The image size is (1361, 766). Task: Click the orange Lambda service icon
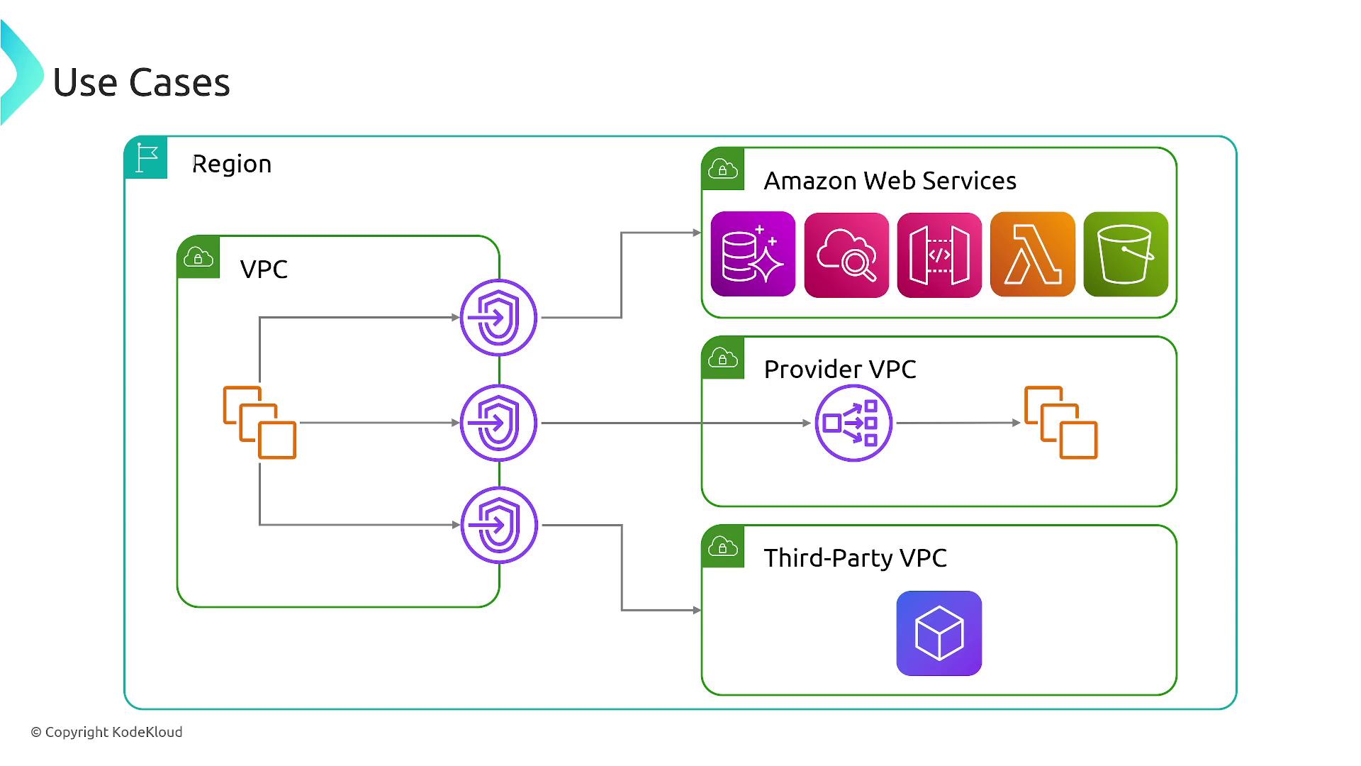tap(1032, 254)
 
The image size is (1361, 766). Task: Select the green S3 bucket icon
tap(1126, 254)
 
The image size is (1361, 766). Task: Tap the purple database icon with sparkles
tap(753, 254)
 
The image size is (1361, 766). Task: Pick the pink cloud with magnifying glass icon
tap(846, 255)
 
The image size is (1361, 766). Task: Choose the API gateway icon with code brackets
tap(939, 255)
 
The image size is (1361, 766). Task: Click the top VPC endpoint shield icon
tap(498, 317)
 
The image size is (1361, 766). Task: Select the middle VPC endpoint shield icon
tap(498, 423)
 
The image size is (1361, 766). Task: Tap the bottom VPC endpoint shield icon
tap(499, 525)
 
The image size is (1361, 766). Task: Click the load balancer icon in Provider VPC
tap(853, 423)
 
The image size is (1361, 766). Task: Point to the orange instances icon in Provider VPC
tap(1060, 423)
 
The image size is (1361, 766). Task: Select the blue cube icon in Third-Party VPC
tap(939, 633)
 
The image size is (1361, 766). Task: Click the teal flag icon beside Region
tap(147, 157)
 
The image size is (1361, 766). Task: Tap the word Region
tap(232, 164)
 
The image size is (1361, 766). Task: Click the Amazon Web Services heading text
tap(890, 181)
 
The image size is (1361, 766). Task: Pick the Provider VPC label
tap(840, 369)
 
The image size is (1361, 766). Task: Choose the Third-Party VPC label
tap(855, 557)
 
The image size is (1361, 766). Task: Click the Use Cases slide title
tap(142, 82)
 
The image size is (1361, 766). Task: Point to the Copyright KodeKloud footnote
tap(106, 732)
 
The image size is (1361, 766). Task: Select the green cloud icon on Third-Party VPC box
tap(723, 547)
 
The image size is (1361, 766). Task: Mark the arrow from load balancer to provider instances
tap(957, 423)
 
